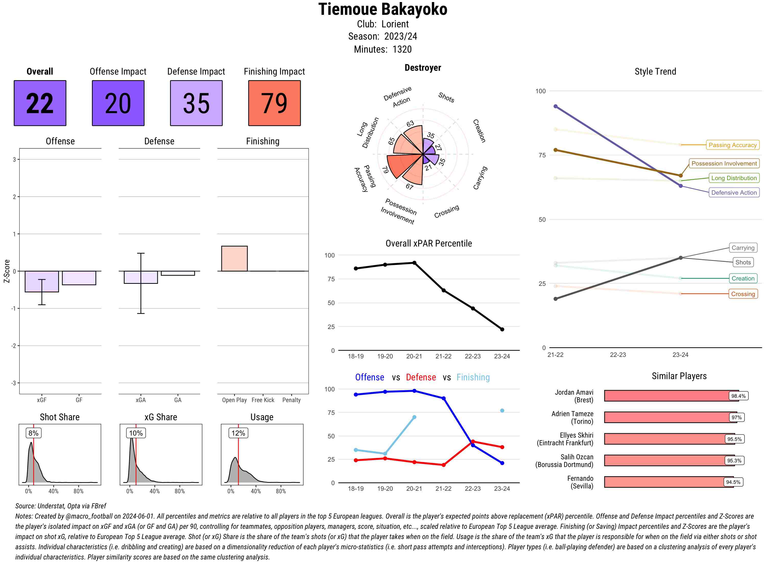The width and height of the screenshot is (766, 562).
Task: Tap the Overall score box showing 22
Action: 40,103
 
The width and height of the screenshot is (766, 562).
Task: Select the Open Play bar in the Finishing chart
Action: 234,259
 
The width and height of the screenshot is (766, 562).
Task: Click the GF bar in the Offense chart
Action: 79,278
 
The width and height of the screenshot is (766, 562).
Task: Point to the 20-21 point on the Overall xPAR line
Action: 414,263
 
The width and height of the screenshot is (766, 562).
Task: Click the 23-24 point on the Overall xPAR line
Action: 502,329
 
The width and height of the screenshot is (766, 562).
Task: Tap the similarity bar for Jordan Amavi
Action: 666,396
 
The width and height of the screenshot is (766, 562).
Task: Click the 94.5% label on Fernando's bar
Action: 733,482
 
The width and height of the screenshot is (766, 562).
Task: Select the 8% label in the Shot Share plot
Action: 33,433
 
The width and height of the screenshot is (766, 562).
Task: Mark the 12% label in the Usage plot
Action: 238,433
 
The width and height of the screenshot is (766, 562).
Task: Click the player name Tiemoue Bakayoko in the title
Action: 383,9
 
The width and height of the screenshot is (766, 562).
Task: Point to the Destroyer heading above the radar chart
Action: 423,68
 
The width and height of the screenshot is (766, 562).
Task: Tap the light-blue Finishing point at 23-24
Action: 502,411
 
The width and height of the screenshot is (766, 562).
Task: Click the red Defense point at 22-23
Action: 473,442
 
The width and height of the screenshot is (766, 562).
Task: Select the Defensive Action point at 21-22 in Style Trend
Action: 556,107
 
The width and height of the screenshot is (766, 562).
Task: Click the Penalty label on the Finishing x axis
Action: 291,400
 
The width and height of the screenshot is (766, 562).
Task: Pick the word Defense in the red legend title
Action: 421,377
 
